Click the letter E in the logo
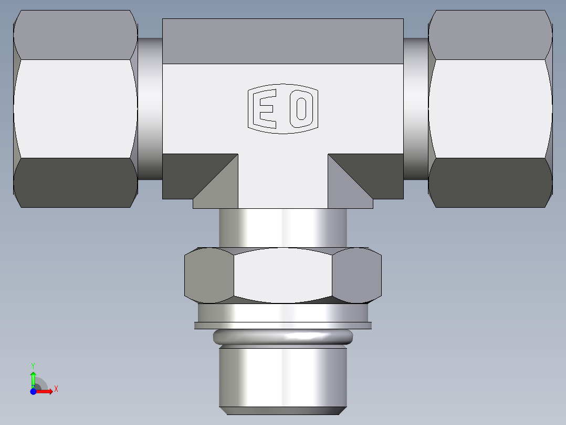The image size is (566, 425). pyautogui.click(x=264, y=109)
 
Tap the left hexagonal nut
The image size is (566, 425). pyautogui.click(x=75, y=109)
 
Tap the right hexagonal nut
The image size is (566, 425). pyautogui.click(x=490, y=109)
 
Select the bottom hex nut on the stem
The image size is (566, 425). pyautogui.click(x=282, y=275)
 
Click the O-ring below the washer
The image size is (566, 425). pyautogui.click(x=282, y=337)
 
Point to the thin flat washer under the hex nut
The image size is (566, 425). pyautogui.click(x=282, y=326)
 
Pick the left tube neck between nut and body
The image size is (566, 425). pyautogui.click(x=150, y=109)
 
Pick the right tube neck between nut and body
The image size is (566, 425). pyautogui.click(x=416, y=109)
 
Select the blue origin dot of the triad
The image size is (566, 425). pyautogui.click(x=33, y=391)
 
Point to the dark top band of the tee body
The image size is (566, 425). pyautogui.click(x=282, y=41)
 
